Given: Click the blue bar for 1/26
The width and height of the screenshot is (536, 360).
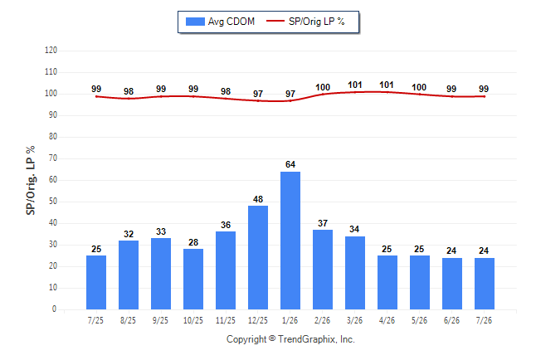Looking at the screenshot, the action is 290,241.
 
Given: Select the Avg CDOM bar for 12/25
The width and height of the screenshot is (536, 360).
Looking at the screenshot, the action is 258,257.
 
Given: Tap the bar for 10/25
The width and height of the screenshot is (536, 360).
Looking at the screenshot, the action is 193,279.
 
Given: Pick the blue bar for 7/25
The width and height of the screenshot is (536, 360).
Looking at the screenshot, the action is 96,282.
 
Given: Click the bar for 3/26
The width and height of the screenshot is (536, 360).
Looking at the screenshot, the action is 355,273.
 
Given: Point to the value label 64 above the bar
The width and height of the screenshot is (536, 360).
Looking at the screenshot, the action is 290,164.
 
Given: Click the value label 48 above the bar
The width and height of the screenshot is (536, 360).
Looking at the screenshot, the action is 258,199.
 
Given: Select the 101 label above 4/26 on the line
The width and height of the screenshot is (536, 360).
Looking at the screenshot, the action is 387,85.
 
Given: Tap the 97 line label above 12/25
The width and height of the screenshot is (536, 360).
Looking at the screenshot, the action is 258,94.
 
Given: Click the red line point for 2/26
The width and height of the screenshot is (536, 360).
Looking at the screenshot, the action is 323,94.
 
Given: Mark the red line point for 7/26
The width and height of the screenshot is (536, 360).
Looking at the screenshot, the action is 485,96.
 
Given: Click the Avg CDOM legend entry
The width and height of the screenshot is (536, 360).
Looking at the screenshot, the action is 220,22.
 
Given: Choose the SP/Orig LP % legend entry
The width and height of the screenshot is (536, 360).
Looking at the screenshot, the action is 305,22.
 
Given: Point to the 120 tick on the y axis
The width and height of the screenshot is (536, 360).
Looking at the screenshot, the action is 51,51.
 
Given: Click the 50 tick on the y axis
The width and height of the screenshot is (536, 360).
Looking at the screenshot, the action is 53,202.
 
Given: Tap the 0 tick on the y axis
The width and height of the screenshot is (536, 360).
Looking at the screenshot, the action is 55,309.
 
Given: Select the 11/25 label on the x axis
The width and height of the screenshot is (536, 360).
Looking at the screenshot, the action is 226,320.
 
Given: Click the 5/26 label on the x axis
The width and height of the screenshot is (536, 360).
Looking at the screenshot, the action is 420,320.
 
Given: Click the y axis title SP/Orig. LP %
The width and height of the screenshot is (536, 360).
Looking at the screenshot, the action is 31,181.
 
